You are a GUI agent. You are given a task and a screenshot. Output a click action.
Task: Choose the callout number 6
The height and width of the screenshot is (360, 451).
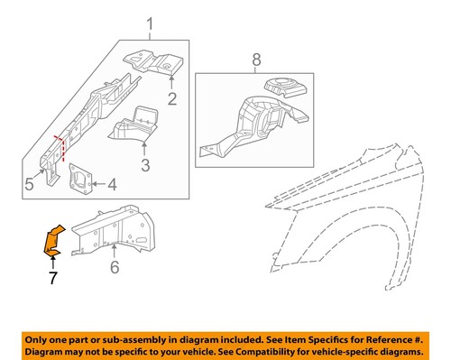pos(114,267)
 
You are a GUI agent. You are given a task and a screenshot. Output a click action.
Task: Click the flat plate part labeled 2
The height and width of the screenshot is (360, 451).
pos(153,62)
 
